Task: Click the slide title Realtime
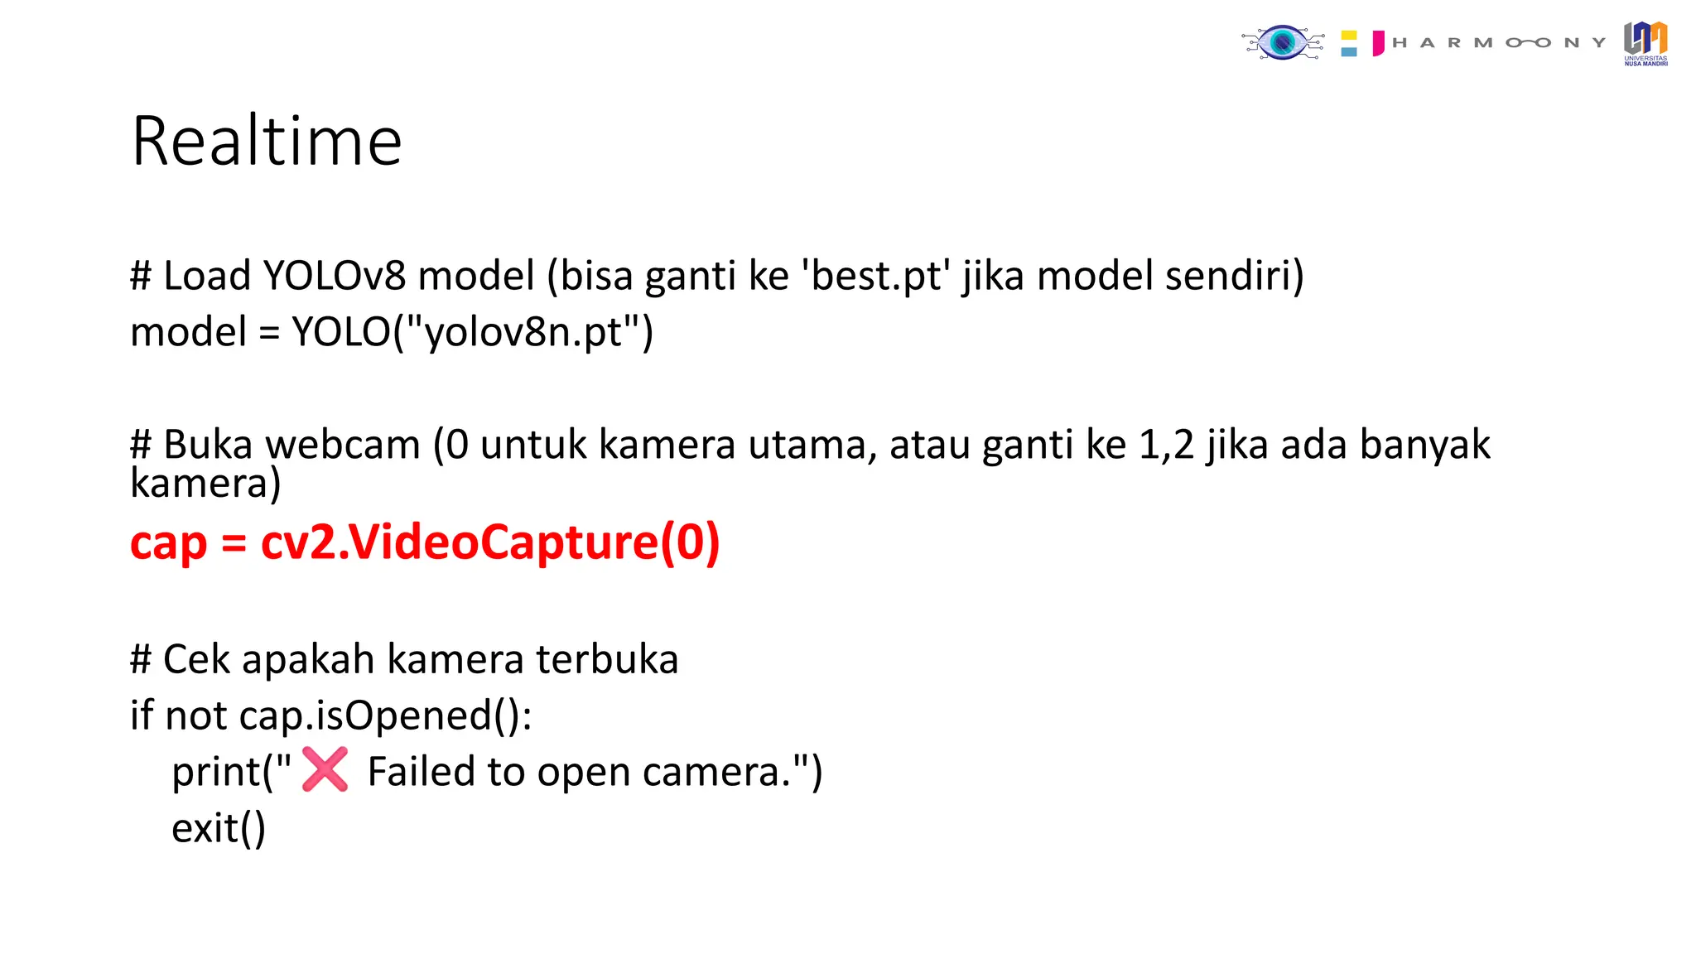pos(267,142)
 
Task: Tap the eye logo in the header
pos(1283,43)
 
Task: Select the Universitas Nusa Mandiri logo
pos(1645,43)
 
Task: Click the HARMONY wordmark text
pos(1499,43)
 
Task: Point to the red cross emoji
pos(325,769)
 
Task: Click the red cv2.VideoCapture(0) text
pos(490,543)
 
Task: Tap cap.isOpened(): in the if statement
pos(385,715)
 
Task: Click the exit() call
pos(219,828)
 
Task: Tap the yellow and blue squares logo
pos(1349,43)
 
